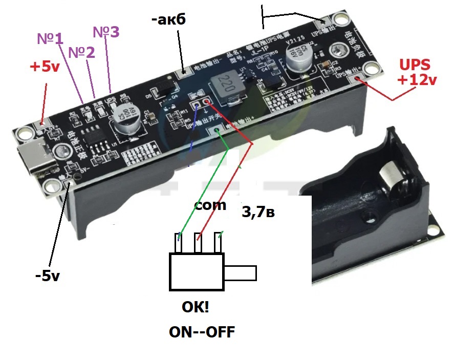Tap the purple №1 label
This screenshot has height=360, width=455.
pos(50,38)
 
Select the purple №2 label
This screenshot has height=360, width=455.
pos(81,52)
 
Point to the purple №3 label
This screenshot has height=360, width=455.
pos(106,32)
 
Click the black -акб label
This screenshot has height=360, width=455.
pos(168,20)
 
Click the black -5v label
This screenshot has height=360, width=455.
pos(48,276)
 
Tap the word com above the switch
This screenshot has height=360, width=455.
pos(210,205)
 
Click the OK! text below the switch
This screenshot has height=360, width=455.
pos(196,307)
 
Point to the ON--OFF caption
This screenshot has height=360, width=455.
pos(202,332)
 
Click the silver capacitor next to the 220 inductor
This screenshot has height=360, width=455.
pos(298,59)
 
